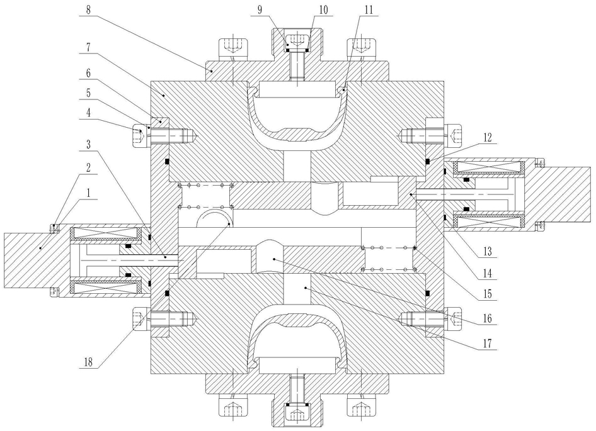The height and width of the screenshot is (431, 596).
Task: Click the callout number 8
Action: (x=88, y=9)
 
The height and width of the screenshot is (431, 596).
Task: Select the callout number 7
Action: (x=88, y=48)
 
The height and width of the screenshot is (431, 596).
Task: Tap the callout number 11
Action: (x=369, y=10)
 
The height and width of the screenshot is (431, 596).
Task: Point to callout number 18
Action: (x=88, y=362)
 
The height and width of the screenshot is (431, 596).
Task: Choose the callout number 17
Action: (x=487, y=344)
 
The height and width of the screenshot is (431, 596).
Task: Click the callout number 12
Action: (x=487, y=137)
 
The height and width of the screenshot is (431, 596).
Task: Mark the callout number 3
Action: (x=88, y=144)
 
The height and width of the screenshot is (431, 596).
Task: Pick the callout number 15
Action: (x=487, y=294)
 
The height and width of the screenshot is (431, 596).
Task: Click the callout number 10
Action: (x=323, y=10)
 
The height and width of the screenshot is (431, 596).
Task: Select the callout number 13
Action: (x=487, y=251)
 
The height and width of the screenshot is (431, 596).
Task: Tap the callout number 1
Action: (x=88, y=193)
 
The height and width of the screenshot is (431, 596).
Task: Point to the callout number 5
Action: (x=88, y=93)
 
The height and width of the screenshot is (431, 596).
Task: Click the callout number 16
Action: (x=487, y=318)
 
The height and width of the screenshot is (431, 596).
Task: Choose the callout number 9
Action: (x=260, y=10)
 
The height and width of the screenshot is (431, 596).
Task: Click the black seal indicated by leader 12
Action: (x=428, y=162)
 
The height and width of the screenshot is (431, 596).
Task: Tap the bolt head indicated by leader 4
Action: (x=139, y=135)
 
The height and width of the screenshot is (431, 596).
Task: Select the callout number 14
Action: (x=487, y=272)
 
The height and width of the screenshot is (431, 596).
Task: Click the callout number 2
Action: (x=88, y=167)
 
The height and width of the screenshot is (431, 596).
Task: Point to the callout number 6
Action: (x=88, y=73)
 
